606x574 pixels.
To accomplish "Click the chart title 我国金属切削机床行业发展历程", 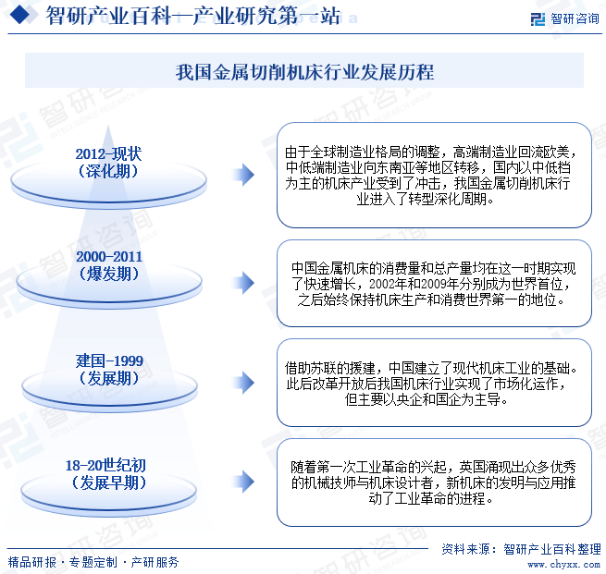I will [x=304, y=72].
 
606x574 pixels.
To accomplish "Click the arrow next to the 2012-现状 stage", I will [x=243, y=174].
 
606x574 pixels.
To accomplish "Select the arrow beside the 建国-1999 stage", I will [x=243, y=383].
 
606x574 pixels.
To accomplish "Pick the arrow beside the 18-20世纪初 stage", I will [x=243, y=481].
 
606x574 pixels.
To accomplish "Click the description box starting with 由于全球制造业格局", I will [x=434, y=174].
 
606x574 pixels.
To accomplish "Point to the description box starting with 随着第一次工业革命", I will [x=434, y=482].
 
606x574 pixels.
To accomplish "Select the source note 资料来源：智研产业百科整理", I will [x=523, y=547].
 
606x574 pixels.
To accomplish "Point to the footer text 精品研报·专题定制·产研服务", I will [x=93, y=561].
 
